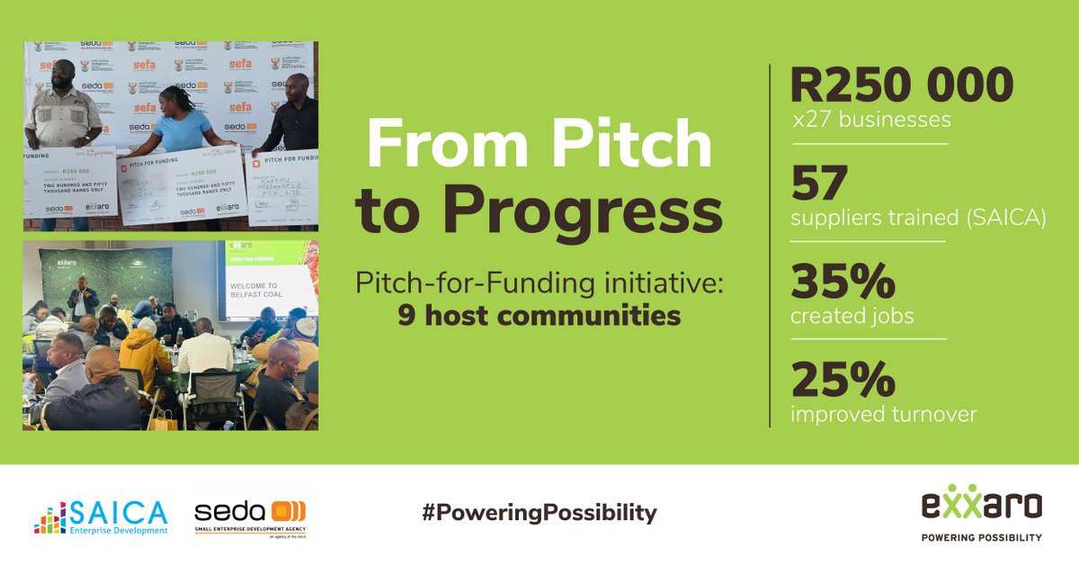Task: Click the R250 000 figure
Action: (x=901, y=86)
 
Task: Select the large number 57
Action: (x=819, y=184)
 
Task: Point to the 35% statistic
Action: (x=843, y=282)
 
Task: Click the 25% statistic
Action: (x=843, y=380)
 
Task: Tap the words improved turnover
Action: (x=883, y=414)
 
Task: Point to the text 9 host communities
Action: (x=539, y=317)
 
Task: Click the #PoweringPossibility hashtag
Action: (x=539, y=514)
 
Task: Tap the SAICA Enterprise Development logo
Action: (x=101, y=516)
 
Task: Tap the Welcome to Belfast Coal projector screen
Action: (x=270, y=288)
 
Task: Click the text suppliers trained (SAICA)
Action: (x=918, y=219)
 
